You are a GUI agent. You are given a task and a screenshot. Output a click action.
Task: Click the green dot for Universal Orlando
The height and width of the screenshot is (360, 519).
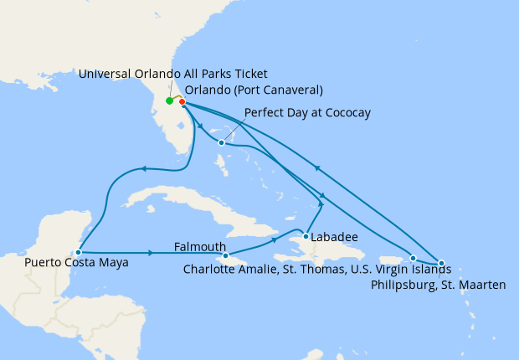[x=169, y=101]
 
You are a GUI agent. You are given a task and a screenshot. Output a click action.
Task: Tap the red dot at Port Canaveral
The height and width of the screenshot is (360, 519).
[x=182, y=102]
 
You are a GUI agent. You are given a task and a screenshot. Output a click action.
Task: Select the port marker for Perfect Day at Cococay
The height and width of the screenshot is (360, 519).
[x=221, y=142]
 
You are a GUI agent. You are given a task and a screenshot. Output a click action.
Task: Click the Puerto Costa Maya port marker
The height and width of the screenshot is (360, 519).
[x=78, y=251]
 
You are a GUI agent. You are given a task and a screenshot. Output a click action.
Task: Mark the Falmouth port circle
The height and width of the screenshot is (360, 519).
[x=226, y=255]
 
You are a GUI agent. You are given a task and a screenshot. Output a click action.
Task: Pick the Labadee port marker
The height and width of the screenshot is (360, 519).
[x=306, y=236]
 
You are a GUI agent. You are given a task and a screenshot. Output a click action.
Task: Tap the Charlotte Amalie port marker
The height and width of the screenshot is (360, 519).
[x=413, y=258]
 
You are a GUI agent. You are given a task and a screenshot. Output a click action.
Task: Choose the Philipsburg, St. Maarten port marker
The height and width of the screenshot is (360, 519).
[x=441, y=263]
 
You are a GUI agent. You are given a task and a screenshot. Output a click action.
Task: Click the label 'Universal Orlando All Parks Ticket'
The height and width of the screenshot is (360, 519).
[x=172, y=74]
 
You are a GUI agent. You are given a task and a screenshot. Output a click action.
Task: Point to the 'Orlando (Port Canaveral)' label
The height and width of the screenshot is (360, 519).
[x=254, y=90]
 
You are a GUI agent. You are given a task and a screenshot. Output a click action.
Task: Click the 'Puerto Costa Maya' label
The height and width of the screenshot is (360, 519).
[x=76, y=263]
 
